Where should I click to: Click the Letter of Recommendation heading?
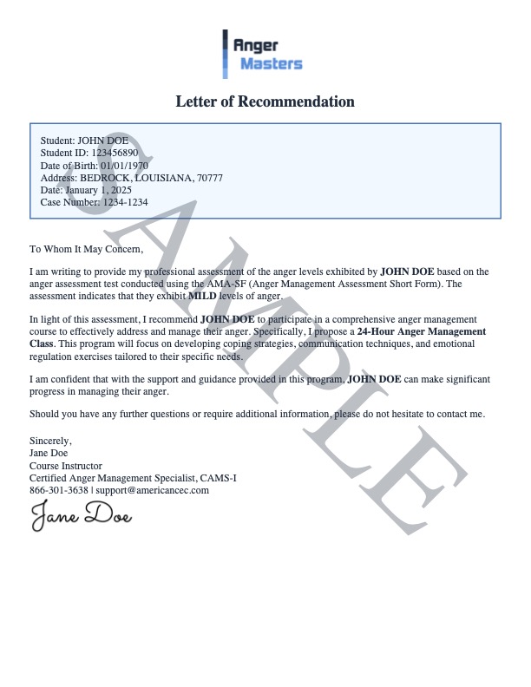click(x=265, y=101)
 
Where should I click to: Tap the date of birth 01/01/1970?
click(x=124, y=165)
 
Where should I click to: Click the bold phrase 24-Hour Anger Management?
click(x=422, y=331)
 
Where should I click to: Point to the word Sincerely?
click(x=50, y=442)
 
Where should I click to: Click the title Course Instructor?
click(x=66, y=466)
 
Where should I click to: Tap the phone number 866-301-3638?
click(x=59, y=490)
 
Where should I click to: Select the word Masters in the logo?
click(x=271, y=63)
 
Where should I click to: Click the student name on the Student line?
click(x=103, y=141)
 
